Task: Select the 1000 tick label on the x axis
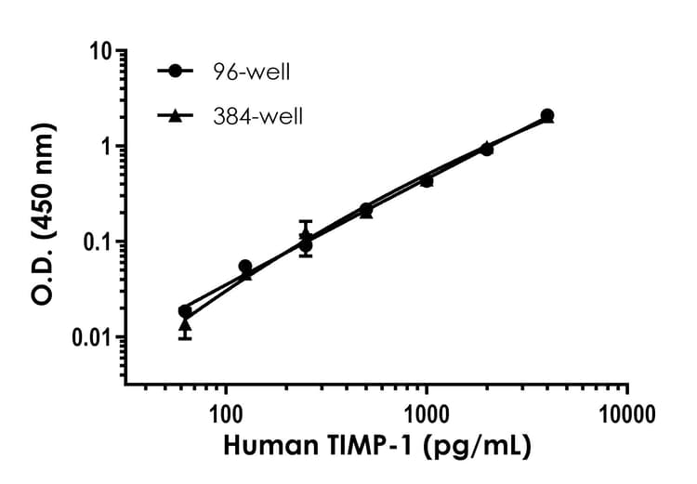[x=427, y=411]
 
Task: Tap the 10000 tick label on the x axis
[x=627, y=411]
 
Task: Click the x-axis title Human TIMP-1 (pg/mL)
[x=376, y=446]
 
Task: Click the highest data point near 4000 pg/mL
[x=547, y=115]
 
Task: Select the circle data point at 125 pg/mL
[x=245, y=267]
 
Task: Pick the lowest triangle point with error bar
[x=185, y=324]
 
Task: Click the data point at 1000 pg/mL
[x=427, y=180]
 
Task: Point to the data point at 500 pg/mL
[x=366, y=210]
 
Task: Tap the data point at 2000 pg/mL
[x=487, y=149]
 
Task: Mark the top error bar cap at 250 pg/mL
[x=306, y=221]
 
